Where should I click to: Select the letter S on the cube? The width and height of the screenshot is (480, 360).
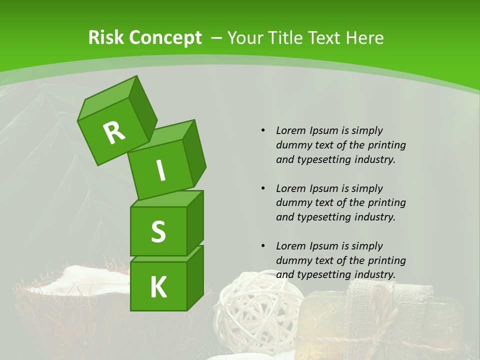[158, 231]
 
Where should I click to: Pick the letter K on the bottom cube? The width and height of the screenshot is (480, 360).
[158, 287]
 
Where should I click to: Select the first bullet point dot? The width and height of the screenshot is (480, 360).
[263, 130]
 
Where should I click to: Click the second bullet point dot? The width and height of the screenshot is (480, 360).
[263, 188]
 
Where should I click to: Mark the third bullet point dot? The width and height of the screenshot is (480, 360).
[263, 246]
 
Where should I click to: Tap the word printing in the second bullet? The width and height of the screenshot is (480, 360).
[386, 202]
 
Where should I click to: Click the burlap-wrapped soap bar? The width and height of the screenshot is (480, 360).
[385, 320]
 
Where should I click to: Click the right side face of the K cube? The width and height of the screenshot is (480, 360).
[195, 277]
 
